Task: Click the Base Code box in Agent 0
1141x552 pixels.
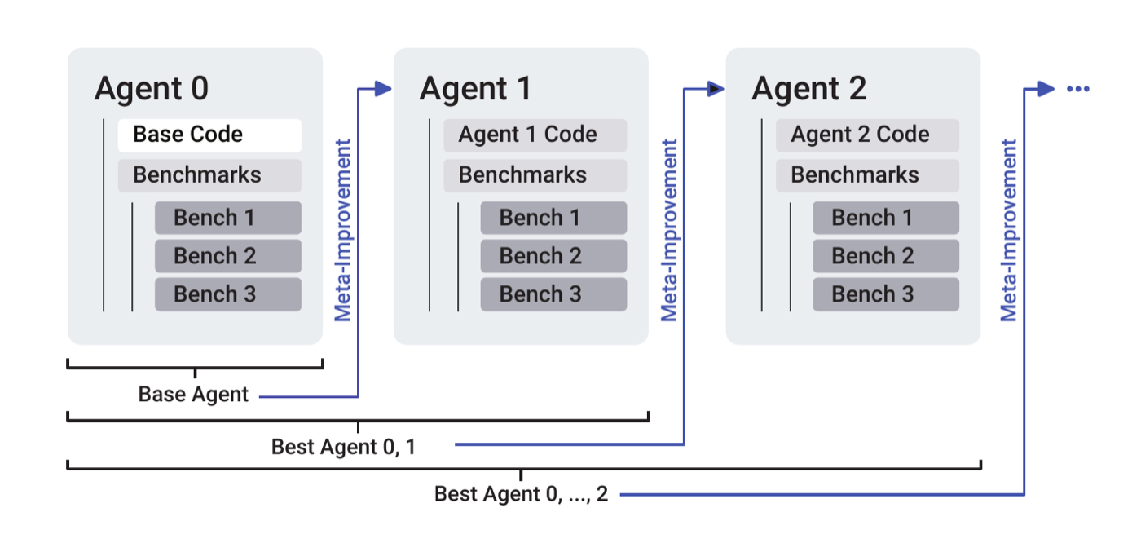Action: click(209, 135)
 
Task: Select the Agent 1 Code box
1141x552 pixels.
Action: click(535, 135)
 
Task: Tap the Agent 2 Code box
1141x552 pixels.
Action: click(867, 135)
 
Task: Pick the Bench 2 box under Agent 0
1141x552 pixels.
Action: click(227, 256)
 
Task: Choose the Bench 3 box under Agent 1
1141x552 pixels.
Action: click(553, 294)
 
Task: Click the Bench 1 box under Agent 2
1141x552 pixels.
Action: click(886, 218)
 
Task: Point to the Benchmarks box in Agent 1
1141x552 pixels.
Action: click(535, 175)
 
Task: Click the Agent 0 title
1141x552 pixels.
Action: click(152, 89)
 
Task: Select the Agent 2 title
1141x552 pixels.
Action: click(808, 89)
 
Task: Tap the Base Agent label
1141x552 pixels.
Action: click(193, 394)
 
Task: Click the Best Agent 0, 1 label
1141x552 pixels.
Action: click(343, 447)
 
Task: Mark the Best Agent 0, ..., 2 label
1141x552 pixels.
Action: click(521, 494)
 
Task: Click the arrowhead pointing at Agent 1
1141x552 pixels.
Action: click(383, 89)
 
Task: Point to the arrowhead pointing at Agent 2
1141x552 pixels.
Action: click(716, 89)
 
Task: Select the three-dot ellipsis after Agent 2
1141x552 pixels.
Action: click(1077, 89)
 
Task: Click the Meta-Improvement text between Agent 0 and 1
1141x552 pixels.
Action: click(343, 231)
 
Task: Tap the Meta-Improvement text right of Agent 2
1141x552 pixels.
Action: click(1009, 231)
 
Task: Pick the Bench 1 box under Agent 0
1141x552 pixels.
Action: click(227, 218)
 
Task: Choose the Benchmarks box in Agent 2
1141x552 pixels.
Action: click(867, 175)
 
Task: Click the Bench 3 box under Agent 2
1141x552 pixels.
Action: click(886, 294)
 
